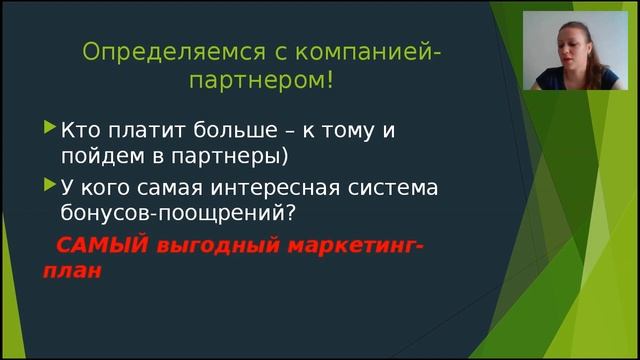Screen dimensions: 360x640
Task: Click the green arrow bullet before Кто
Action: (50, 128)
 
